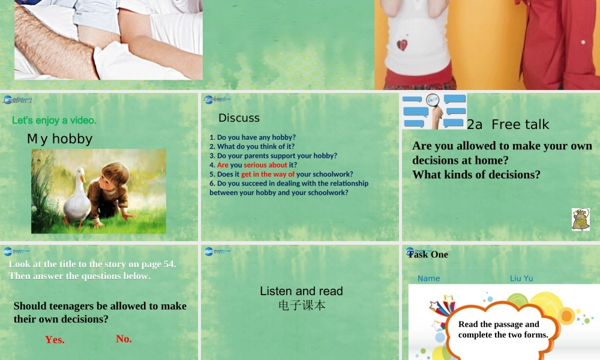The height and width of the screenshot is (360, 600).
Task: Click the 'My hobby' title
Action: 59,139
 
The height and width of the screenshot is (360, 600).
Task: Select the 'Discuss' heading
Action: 239,118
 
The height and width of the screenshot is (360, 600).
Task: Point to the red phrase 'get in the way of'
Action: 268,174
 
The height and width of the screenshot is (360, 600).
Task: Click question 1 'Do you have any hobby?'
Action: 252,137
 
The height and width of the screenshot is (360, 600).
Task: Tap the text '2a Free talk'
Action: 508,125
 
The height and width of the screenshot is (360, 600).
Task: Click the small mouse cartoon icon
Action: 580,220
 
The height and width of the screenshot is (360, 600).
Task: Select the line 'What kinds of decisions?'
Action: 476,175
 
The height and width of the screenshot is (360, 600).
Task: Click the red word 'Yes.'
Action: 55,340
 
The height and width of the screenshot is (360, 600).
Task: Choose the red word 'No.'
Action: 124,339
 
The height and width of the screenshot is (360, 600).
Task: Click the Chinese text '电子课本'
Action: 302,305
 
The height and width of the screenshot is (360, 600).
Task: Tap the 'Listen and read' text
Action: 301,291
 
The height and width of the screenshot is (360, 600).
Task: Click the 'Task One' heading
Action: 428,254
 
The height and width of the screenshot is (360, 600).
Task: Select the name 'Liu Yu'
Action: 521,278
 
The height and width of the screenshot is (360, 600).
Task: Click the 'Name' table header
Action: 428,278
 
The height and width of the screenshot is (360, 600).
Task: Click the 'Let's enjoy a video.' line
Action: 54,121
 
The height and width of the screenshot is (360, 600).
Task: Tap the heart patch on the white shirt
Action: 402,44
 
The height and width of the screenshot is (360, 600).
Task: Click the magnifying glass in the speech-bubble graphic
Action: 433,103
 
